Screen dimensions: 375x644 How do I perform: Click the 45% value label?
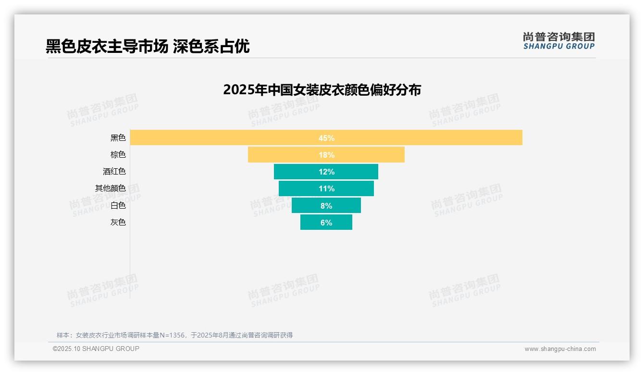[x=326, y=138]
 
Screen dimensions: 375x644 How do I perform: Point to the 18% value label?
[x=326, y=155]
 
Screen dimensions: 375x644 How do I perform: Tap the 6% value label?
[x=326, y=223]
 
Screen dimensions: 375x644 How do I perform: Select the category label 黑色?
[x=118, y=138]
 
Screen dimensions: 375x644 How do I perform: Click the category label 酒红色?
[x=114, y=172]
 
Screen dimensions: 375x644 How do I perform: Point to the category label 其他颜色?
[x=110, y=188]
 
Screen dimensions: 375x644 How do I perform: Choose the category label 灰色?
[x=118, y=223]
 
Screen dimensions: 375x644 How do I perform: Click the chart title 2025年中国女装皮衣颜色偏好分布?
[x=322, y=90]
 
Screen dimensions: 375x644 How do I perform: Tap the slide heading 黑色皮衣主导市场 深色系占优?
[x=148, y=46]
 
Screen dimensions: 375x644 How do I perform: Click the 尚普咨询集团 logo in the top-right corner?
[x=558, y=41]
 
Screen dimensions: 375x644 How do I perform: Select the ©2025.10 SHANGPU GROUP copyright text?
[x=96, y=349]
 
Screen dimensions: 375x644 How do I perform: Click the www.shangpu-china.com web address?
[x=560, y=349]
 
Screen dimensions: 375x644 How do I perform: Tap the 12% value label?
[x=326, y=172]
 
